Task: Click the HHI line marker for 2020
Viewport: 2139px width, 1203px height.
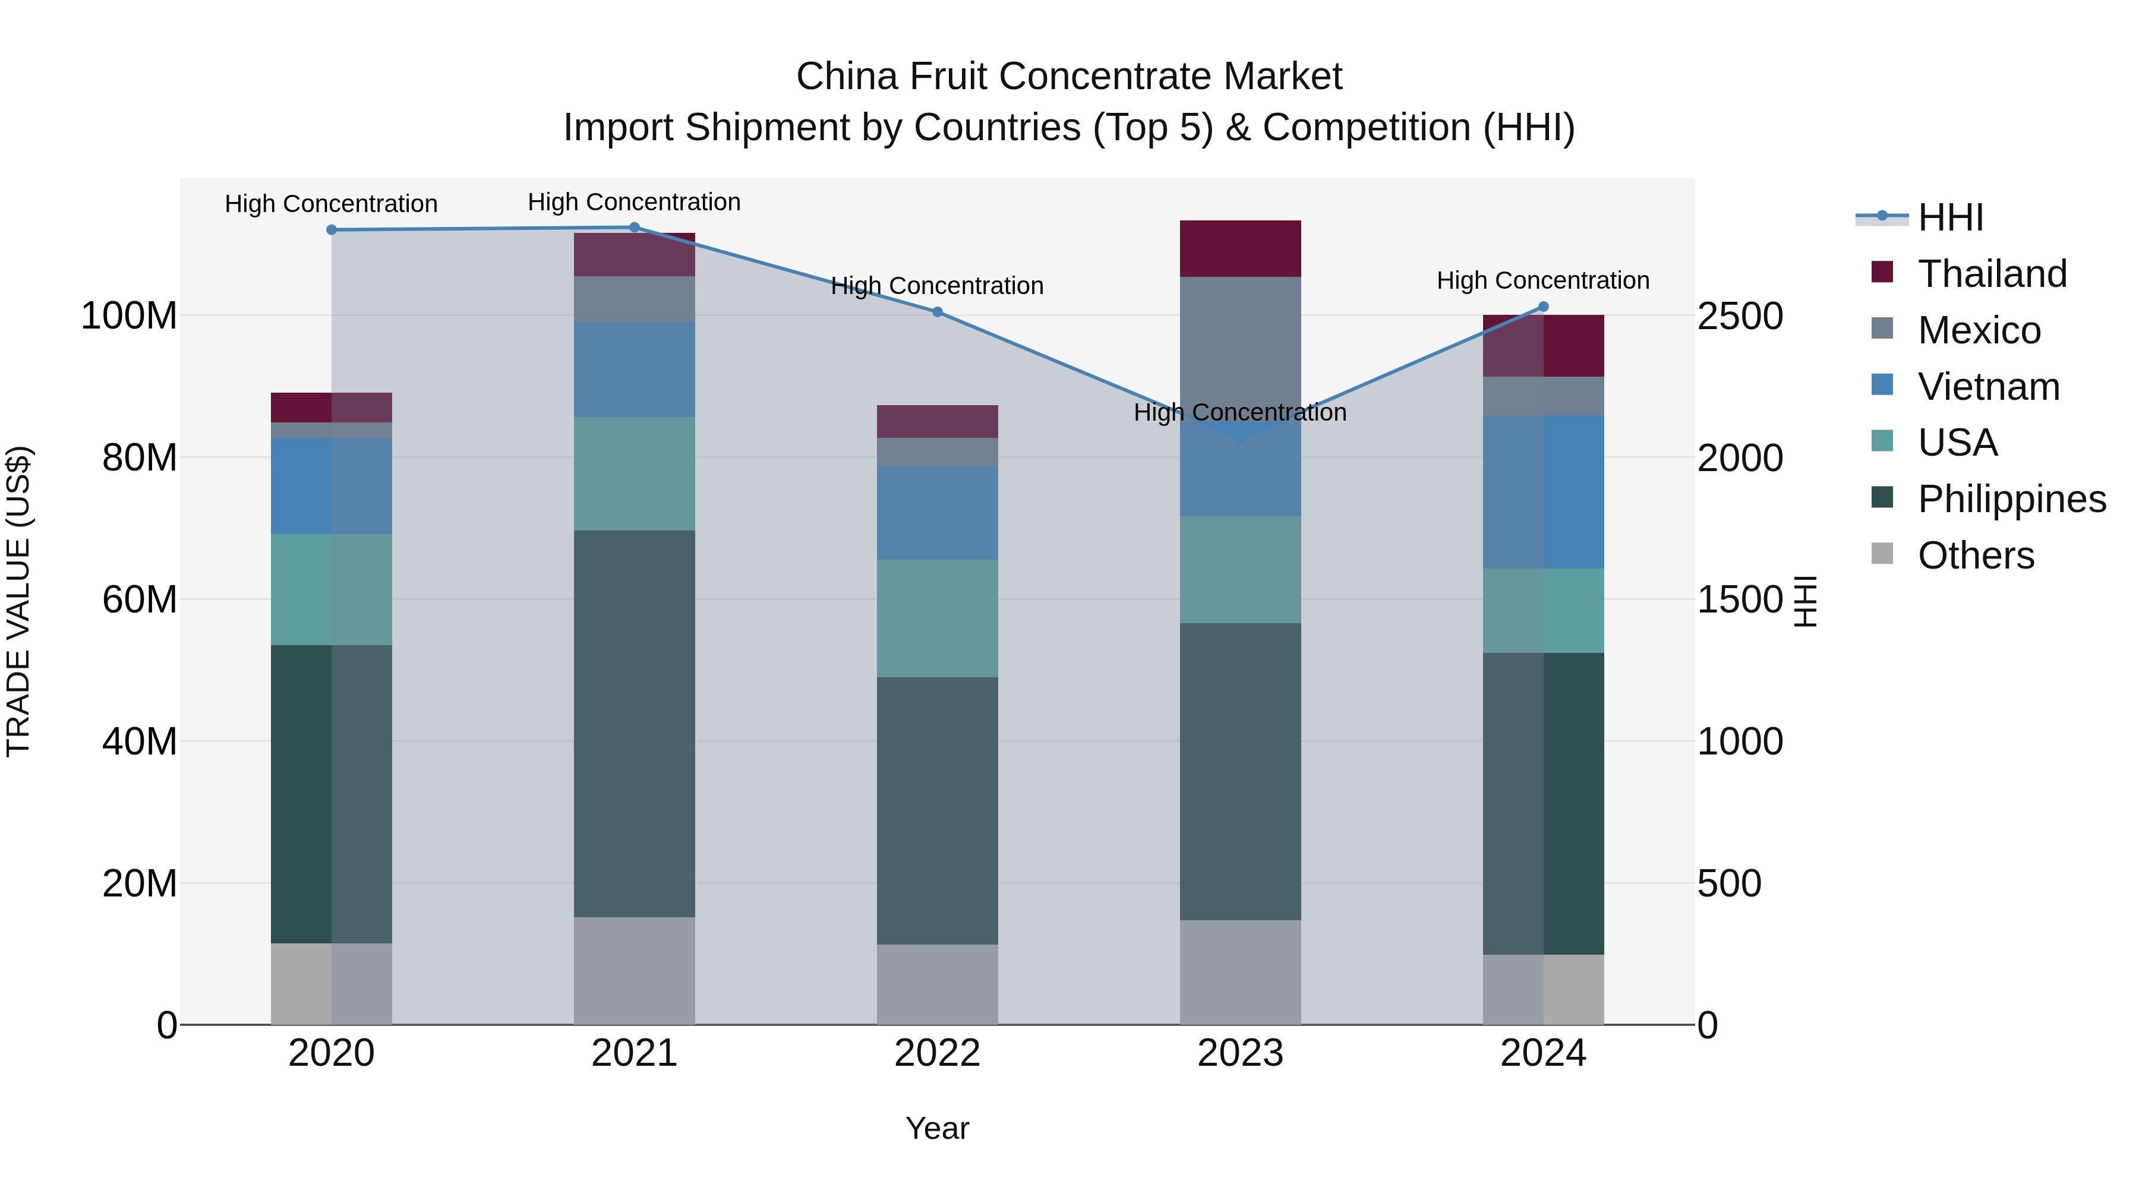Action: point(332,230)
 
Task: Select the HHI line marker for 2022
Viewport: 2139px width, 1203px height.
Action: point(938,312)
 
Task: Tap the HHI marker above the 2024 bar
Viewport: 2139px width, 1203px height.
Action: point(1544,307)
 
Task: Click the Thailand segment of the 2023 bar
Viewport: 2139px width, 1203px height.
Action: point(1241,248)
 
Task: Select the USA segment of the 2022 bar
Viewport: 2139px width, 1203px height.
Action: point(938,618)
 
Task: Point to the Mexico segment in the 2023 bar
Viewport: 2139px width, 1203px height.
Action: point(1241,340)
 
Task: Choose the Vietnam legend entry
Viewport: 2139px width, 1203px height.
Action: point(1989,387)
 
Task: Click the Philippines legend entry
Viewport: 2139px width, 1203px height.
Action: point(2011,499)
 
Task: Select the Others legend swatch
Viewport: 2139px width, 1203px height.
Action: point(1882,554)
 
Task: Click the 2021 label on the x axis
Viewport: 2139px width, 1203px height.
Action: point(635,1053)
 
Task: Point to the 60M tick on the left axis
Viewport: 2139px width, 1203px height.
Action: point(140,599)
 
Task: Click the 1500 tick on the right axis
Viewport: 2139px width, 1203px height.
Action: point(1740,599)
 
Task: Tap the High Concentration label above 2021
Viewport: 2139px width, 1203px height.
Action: point(635,202)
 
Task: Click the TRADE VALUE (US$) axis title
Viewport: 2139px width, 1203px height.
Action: point(18,601)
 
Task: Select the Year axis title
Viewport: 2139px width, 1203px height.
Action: point(938,1128)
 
